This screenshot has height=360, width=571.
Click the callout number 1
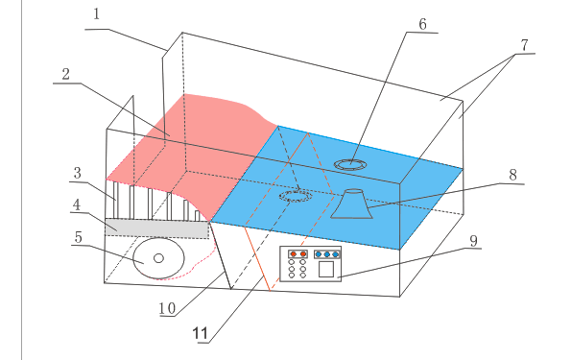[x=97, y=14]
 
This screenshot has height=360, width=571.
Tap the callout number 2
[x=65, y=74]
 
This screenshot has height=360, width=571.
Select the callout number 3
[x=77, y=173]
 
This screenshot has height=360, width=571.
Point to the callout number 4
[x=77, y=204]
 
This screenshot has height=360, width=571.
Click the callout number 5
[x=79, y=237]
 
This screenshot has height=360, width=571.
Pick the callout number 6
[x=422, y=24]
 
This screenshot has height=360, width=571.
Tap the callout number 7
[x=524, y=45]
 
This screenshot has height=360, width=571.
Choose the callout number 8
[x=512, y=176]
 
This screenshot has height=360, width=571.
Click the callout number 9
[x=473, y=241]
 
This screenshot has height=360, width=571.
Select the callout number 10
[x=168, y=309]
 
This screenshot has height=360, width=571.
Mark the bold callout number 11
[x=200, y=333]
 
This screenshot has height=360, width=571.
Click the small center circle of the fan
[x=158, y=258]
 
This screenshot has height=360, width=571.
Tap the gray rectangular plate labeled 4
[x=157, y=228]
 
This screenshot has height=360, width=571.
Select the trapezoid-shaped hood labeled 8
[x=352, y=204]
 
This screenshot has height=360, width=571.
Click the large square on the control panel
[x=326, y=269]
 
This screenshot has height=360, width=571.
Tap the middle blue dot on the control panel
[x=327, y=254]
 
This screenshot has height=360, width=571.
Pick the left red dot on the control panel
[x=293, y=254]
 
